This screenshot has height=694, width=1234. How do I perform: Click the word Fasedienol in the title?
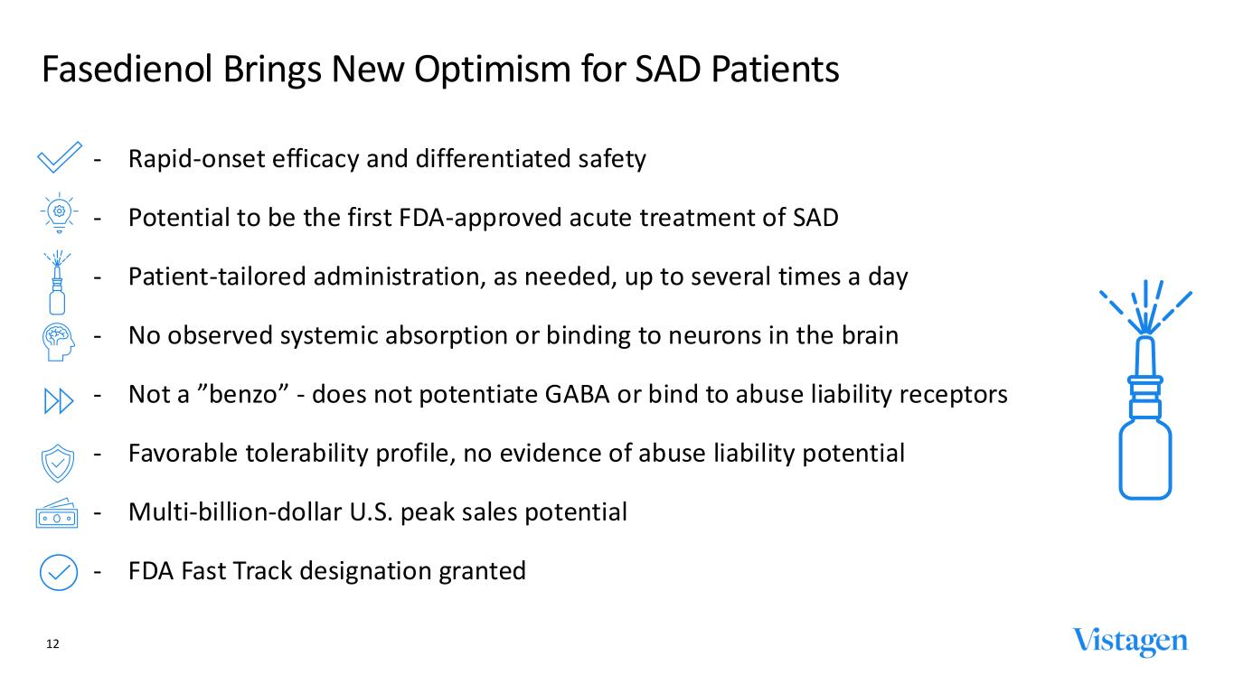click(x=127, y=70)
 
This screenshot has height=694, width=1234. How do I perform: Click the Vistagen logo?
click(x=1130, y=642)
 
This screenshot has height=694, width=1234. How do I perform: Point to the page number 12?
click(x=52, y=644)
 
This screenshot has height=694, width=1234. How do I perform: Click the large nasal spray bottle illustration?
click(x=1145, y=389)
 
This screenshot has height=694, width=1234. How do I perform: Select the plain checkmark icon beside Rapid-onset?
click(x=60, y=157)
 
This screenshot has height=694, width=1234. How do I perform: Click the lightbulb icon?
click(x=59, y=213)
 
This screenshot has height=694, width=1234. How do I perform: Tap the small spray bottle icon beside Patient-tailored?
click(x=57, y=282)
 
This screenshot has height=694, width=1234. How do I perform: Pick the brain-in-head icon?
click(x=59, y=342)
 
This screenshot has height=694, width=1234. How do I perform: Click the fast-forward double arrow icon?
click(x=59, y=401)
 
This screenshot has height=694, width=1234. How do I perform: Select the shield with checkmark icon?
click(x=58, y=464)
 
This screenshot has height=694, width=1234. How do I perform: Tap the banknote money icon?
click(x=57, y=513)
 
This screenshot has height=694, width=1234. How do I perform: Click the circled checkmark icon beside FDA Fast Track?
click(x=59, y=572)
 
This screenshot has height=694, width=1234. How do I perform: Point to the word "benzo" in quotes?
click(x=243, y=394)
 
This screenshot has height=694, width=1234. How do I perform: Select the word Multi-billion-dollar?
click(x=235, y=512)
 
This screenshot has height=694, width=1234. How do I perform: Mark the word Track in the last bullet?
click(x=262, y=571)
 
